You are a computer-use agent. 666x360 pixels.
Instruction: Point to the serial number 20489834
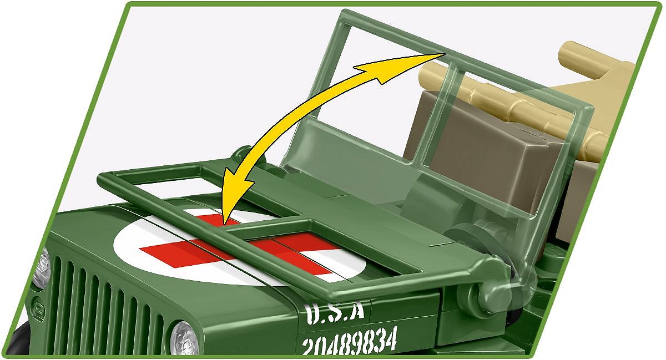349,341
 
